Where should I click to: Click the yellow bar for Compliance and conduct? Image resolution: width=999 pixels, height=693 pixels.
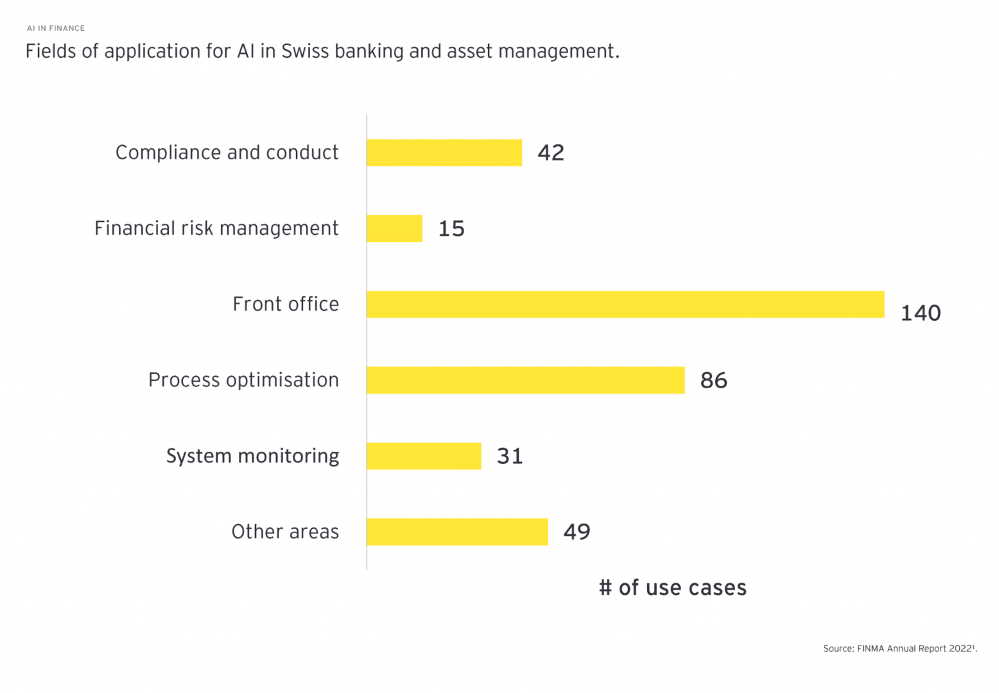[x=444, y=153]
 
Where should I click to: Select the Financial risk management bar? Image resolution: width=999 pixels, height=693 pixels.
[x=394, y=228]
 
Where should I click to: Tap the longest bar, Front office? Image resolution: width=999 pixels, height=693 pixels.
[x=625, y=304]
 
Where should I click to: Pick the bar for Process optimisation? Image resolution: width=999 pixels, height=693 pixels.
[x=526, y=380]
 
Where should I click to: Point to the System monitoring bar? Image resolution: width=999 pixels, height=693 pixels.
[x=424, y=456]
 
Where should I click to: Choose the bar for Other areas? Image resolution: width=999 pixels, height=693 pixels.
[x=457, y=531]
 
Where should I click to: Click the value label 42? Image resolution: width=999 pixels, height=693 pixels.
[x=551, y=153]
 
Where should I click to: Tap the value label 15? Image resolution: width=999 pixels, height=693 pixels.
[x=451, y=228]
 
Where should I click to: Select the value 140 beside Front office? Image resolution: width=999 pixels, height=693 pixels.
[x=921, y=313]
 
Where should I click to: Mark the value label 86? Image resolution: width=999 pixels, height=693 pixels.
[x=713, y=381]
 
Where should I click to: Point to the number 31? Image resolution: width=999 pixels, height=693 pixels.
[x=510, y=456]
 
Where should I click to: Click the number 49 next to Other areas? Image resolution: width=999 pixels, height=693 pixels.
[x=577, y=531]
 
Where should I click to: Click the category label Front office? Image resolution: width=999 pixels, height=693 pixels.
[x=286, y=304]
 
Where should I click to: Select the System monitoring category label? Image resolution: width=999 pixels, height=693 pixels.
[x=252, y=456]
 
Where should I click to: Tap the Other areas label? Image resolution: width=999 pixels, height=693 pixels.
[x=285, y=532]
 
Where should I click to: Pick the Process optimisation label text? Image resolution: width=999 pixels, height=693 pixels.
[x=243, y=380]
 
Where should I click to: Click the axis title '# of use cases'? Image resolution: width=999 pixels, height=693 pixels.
[x=672, y=588]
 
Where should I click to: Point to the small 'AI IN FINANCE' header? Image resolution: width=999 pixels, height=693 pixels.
[x=56, y=28]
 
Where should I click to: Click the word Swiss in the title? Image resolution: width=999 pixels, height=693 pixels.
[x=304, y=51]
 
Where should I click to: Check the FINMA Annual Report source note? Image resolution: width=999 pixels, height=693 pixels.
[x=899, y=649]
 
